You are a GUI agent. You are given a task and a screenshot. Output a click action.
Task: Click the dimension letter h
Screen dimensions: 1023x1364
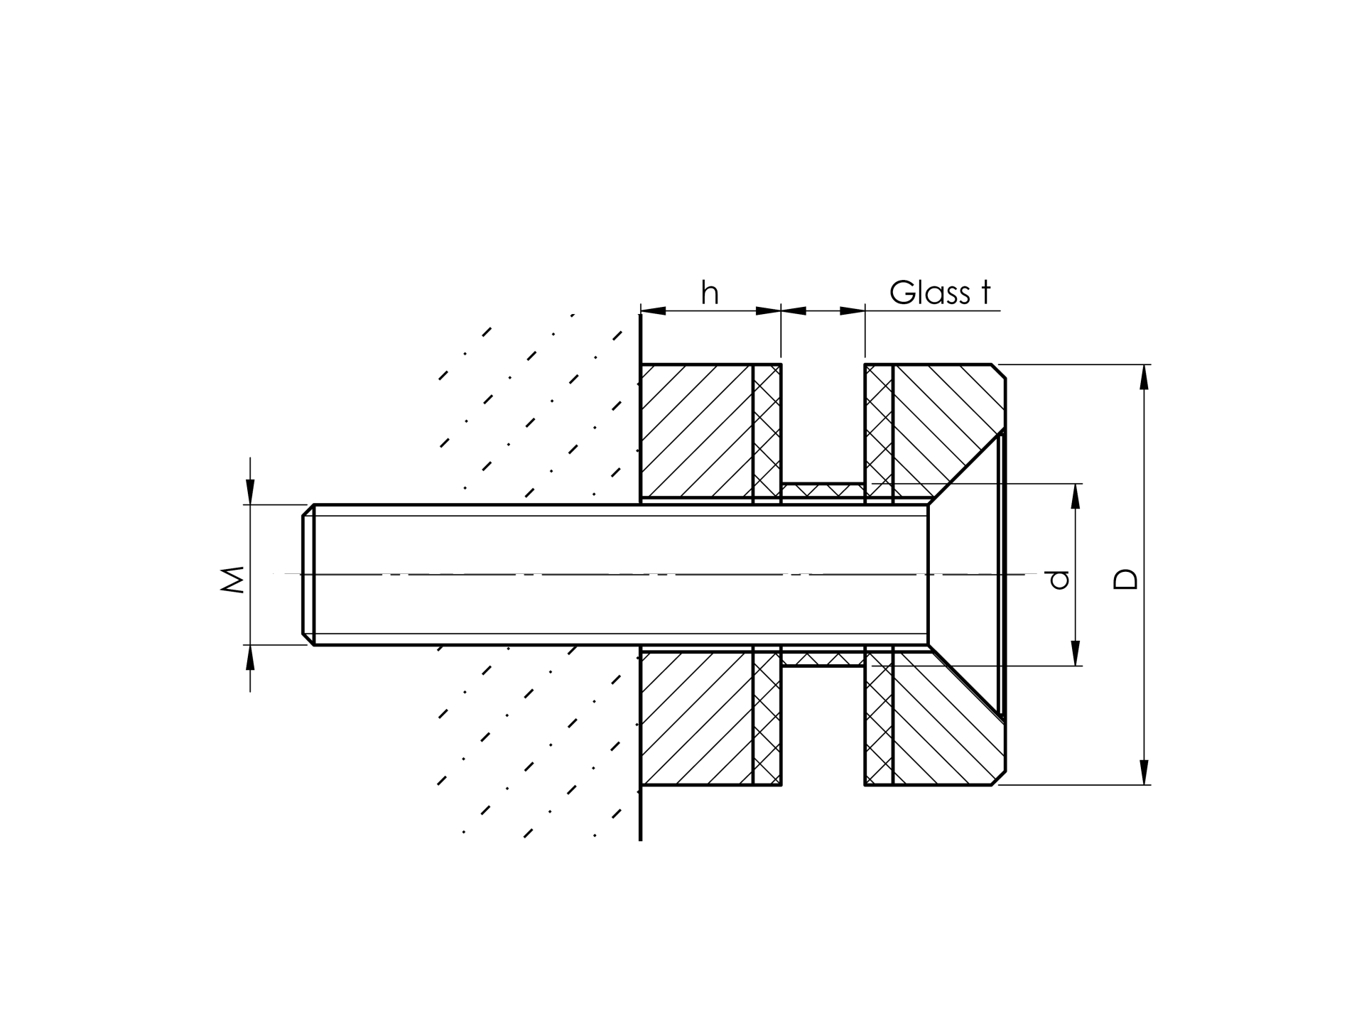click(710, 293)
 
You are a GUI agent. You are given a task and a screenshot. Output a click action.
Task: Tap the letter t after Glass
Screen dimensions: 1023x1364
click(985, 292)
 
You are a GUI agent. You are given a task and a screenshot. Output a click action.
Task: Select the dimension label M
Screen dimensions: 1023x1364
click(233, 579)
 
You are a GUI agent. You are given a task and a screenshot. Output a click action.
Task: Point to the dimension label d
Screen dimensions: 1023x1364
click(1059, 580)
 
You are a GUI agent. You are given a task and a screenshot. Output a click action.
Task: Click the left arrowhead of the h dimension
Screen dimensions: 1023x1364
click(654, 310)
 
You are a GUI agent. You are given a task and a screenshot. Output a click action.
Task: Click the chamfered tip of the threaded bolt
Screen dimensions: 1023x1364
click(308, 574)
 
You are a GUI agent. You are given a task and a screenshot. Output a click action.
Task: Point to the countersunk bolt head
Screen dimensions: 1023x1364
click(966, 574)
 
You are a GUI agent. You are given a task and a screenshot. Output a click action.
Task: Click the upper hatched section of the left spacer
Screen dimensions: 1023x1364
click(696, 431)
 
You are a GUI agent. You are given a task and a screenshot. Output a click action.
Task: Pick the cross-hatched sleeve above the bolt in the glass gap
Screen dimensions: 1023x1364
click(823, 489)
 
